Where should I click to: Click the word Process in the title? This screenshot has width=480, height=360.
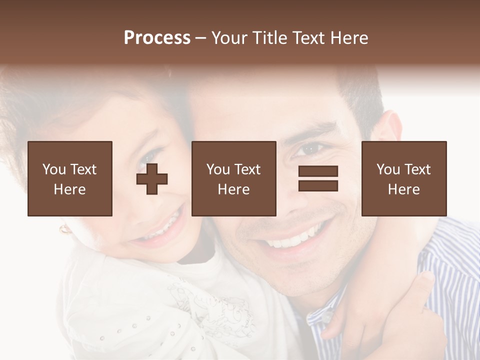[157, 38]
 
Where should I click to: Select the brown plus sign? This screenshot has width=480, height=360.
[152, 178]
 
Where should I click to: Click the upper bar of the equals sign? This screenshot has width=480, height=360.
[318, 171]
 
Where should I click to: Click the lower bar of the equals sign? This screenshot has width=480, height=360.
[318, 185]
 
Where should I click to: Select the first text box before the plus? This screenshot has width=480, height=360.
[70, 178]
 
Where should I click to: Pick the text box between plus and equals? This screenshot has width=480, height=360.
[233, 178]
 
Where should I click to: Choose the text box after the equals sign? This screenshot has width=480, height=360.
[403, 178]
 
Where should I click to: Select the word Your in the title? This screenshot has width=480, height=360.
[230, 38]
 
